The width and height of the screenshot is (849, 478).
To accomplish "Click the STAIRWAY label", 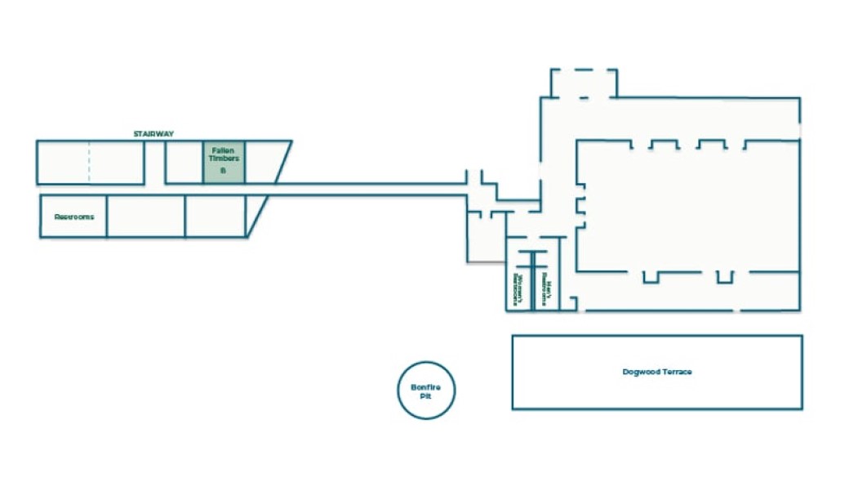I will [x=153, y=133].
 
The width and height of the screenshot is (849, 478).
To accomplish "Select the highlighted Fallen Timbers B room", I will [x=224, y=162].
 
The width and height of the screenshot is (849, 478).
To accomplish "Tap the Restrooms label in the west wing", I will [x=74, y=217].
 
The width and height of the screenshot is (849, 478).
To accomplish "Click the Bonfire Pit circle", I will [x=426, y=390].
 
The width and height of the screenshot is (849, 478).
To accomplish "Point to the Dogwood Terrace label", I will [x=656, y=372].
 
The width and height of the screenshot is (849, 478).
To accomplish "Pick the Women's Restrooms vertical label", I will [x=517, y=288].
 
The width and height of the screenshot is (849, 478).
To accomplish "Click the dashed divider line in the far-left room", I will [x=89, y=162].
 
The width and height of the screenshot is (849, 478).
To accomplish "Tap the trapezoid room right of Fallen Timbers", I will [x=264, y=162].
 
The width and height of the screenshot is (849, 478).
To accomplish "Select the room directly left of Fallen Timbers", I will [x=184, y=162].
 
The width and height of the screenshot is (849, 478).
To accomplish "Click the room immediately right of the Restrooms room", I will [x=146, y=217].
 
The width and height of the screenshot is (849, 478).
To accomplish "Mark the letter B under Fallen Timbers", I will [x=223, y=170].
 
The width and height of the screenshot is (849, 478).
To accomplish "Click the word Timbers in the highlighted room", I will [x=224, y=159].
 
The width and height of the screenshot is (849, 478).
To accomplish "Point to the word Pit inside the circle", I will [x=425, y=395].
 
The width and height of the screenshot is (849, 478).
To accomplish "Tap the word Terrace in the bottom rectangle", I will [x=675, y=372].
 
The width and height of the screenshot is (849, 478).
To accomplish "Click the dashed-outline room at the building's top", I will [x=584, y=83].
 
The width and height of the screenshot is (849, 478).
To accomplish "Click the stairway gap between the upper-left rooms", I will [x=155, y=162].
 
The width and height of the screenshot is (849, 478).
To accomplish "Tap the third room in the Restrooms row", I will [x=215, y=217].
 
